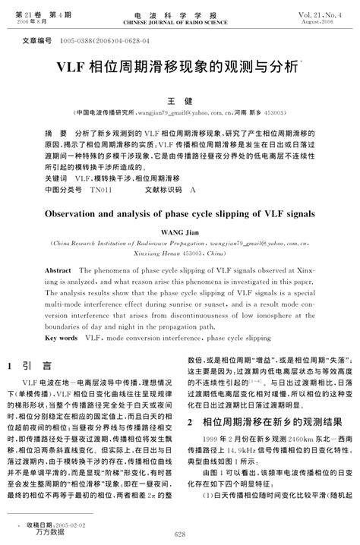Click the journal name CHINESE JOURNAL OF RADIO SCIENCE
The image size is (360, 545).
179,23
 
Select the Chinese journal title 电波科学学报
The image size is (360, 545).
179,14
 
